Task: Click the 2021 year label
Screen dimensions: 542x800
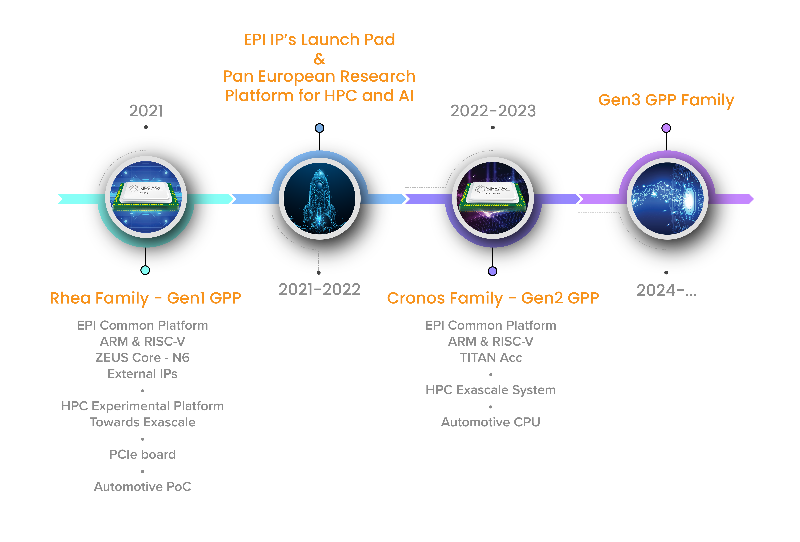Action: click(x=146, y=111)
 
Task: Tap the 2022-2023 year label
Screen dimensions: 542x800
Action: click(x=493, y=111)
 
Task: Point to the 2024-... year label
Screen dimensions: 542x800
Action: click(x=666, y=290)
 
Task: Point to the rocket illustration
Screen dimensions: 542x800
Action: click(x=319, y=200)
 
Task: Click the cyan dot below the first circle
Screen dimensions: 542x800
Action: click(x=145, y=270)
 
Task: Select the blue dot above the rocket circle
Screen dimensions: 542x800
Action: click(x=319, y=128)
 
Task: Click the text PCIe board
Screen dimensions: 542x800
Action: click(x=142, y=455)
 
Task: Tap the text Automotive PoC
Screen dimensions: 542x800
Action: click(x=142, y=487)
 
